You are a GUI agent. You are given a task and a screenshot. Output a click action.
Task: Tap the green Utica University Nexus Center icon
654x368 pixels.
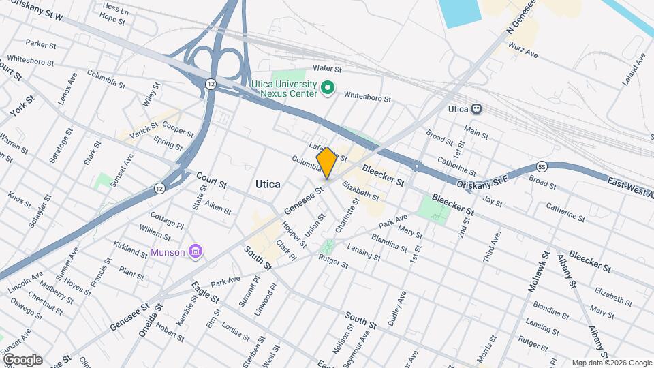coord(327,87)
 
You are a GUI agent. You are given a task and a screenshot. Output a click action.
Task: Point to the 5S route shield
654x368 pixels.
coord(542,166)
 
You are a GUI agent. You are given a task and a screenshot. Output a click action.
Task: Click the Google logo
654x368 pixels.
coord(22,360)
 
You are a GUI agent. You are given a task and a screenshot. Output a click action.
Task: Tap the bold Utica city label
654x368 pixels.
coord(268,184)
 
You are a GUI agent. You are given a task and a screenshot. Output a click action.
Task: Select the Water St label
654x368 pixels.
coord(326,68)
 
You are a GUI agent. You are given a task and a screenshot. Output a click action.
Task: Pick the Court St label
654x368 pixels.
coord(211,181)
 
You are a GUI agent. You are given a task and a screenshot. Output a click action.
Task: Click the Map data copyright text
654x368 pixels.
coord(612,363)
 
